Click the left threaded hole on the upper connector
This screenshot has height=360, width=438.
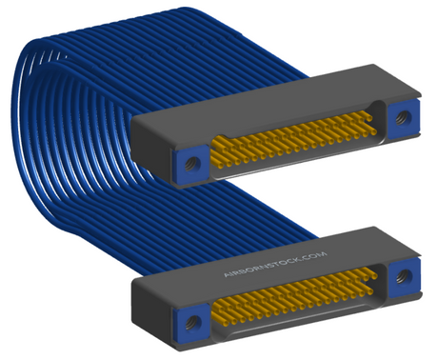tap(190, 165)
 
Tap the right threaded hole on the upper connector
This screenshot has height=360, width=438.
tap(404, 118)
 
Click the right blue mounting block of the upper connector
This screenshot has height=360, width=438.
tap(404, 119)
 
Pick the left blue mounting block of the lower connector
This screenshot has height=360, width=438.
tap(191, 323)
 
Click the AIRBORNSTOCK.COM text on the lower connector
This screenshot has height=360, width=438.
tap(275, 265)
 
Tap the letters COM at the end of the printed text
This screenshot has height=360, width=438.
tap(316, 255)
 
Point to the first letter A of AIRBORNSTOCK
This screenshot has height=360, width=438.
tap(227, 274)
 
